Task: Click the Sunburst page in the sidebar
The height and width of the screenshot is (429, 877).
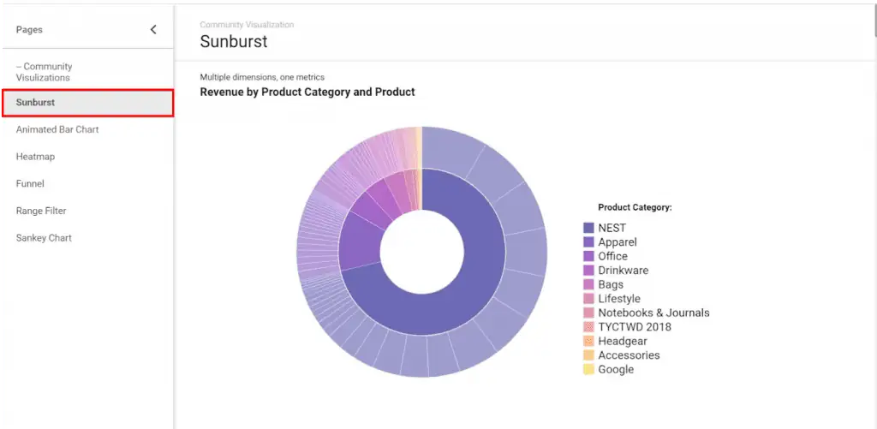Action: tap(36, 103)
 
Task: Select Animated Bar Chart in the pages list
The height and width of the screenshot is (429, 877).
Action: tap(57, 129)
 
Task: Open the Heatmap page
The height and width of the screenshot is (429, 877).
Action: tap(35, 157)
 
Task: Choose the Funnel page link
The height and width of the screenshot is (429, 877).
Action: tap(30, 183)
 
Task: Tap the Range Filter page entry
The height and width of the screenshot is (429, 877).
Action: tap(41, 211)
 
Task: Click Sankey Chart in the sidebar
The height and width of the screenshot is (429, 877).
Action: tap(44, 238)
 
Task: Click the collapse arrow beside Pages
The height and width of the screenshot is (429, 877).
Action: tap(153, 30)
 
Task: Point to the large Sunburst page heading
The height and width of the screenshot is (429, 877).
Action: tap(234, 41)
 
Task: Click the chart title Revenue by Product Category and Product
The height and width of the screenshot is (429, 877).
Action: tap(307, 92)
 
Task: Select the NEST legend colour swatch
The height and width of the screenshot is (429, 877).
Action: tap(588, 228)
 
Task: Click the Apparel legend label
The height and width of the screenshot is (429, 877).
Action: tap(617, 242)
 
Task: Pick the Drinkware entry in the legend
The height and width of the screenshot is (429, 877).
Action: tap(623, 271)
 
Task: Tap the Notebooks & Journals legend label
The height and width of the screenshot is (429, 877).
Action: tap(653, 313)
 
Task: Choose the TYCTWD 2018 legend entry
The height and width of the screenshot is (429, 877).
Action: tap(635, 327)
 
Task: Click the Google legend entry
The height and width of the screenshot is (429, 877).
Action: tap(616, 369)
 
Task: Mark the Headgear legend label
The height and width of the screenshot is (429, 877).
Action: tap(623, 341)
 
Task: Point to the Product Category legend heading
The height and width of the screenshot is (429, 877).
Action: tap(635, 207)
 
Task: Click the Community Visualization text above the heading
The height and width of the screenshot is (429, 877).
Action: tap(247, 25)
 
